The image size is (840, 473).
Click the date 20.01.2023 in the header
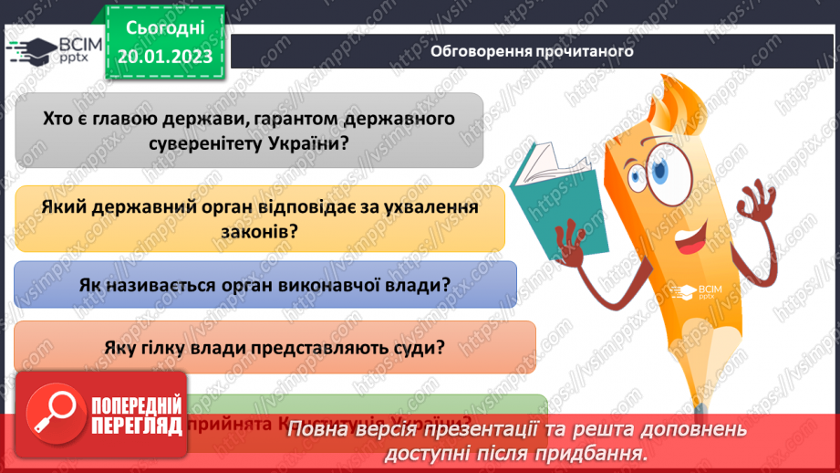164,57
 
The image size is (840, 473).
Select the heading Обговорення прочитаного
532,51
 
